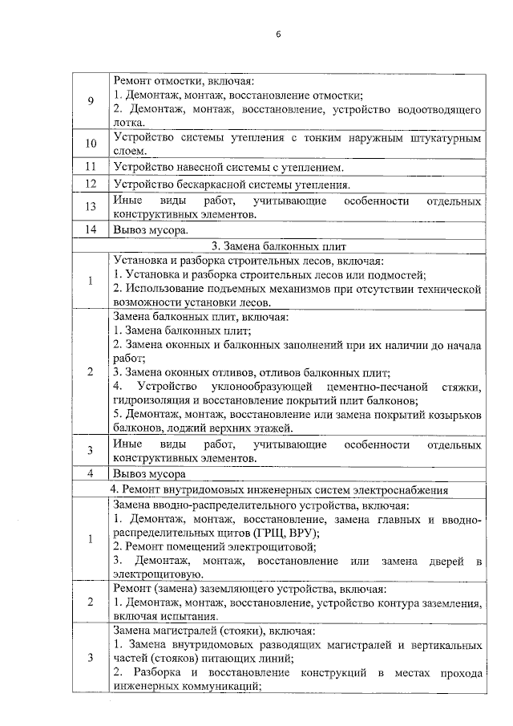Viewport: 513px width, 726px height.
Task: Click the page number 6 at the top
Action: tap(277, 34)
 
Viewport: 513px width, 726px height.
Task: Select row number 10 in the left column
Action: tap(91, 144)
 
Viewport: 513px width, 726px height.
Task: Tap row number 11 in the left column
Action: tap(91, 168)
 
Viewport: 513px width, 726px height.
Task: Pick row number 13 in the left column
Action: tap(91, 207)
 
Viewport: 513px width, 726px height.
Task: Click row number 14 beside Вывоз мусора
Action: tap(91, 229)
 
